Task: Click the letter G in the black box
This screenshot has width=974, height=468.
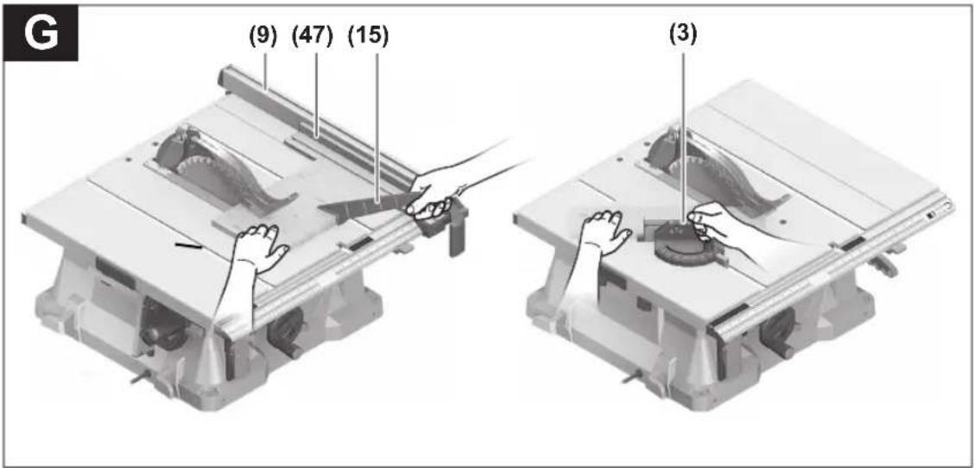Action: tap(41, 35)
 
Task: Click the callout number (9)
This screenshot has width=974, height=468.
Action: tap(263, 36)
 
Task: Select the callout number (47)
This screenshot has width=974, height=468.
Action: tap(313, 36)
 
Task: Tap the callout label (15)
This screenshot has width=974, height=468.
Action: tap(369, 36)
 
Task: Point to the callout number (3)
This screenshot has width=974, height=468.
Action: tap(683, 35)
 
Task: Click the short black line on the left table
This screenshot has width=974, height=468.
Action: tap(188, 246)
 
